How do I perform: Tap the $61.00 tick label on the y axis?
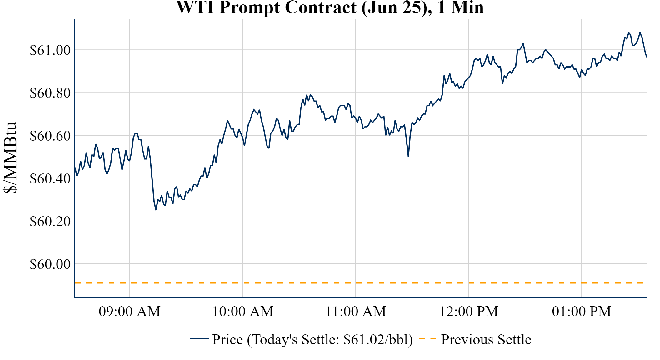(50, 50)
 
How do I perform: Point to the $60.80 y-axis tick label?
(50, 93)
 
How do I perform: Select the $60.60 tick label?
(50, 136)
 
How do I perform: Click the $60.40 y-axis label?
(50, 178)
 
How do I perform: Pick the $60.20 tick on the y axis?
(50, 221)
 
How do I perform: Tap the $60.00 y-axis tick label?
(50, 264)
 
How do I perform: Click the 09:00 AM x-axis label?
(130, 312)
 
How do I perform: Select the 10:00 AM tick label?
(243, 312)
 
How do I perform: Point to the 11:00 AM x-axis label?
(356, 312)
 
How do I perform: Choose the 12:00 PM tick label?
(469, 312)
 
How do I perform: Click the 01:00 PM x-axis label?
(582, 312)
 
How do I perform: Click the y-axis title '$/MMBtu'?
(10, 158)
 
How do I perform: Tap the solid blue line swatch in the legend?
(199, 338)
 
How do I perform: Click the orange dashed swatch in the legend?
(427, 338)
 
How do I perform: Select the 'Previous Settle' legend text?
(486, 340)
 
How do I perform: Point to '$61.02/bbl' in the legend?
(378, 340)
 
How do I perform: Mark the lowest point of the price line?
(156, 210)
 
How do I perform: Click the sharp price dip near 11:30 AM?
(408, 156)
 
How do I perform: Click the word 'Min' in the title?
(467, 7)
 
